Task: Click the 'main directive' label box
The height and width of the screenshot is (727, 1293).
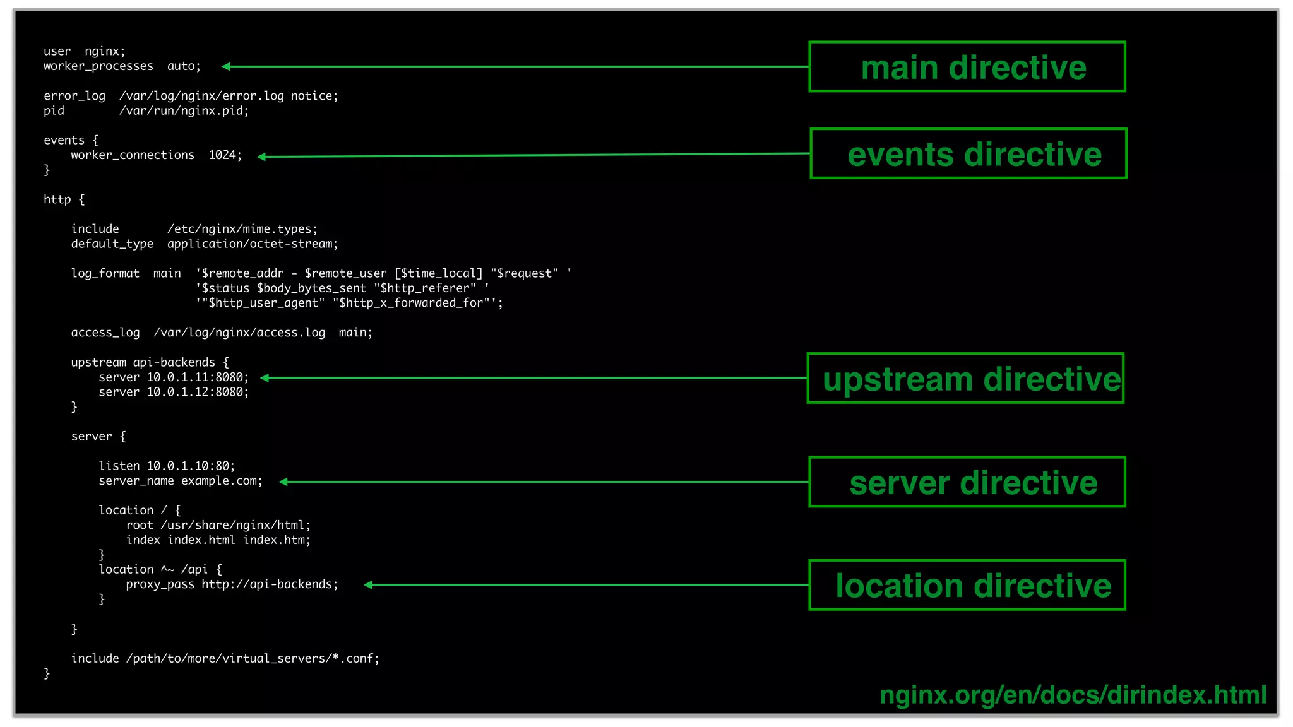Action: tap(967, 67)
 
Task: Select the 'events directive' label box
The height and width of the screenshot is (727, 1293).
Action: tap(968, 154)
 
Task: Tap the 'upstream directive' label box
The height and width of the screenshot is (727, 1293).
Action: tap(965, 379)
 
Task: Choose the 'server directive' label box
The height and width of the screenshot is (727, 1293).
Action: tap(967, 482)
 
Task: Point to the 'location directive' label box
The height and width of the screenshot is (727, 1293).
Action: tap(967, 586)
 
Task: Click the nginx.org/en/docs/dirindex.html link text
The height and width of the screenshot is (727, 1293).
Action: tap(1073, 695)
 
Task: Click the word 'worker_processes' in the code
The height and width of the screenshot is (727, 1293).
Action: tap(98, 66)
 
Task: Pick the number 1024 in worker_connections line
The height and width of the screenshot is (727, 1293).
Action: tap(222, 155)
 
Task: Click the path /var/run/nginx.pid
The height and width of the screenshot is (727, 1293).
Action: tap(184, 111)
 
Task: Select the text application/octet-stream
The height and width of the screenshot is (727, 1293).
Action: tap(253, 244)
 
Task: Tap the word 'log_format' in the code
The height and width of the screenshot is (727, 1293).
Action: tap(105, 274)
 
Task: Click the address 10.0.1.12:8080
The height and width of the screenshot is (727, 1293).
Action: tap(198, 392)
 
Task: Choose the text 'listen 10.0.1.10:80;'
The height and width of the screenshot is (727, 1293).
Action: tap(167, 466)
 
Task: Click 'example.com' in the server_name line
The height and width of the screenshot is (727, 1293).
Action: tap(221, 481)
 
